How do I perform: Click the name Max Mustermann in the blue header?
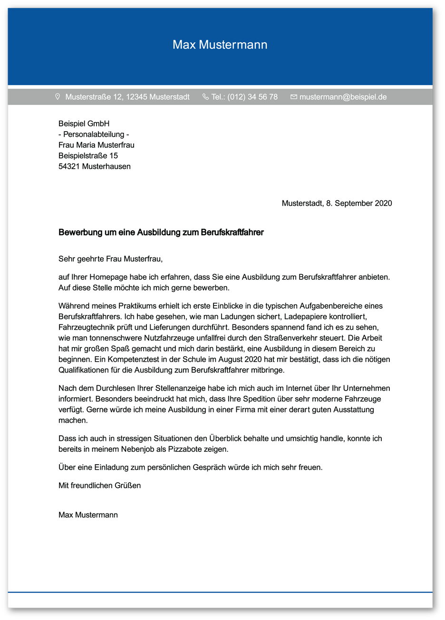pyautogui.click(x=220, y=45)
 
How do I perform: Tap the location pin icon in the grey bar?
pyautogui.click(x=58, y=97)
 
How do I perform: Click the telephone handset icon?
pyautogui.click(x=205, y=97)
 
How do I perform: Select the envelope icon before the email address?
pyautogui.click(x=293, y=97)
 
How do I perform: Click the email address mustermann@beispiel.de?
pyautogui.click(x=343, y=97)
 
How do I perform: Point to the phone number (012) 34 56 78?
pyautogui.click(x=252, y=97)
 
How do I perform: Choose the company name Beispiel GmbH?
pyautogui.click(x=84, y=124)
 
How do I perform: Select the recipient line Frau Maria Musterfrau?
pyautogui.click(x=96, y=145)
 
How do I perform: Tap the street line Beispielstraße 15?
pyautogui.click(x=88, y=156)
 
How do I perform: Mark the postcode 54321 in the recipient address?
pyautogui.click(x=69, y=166)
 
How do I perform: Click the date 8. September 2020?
pyautogui.click(x=359, y=203)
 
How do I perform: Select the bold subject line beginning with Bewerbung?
pyautogui.click(x=161, y=232)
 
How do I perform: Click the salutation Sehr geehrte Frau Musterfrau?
pyautogui.click(x=110, y=259)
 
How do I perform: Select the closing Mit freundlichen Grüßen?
pyautogui.click(x=99, y=486)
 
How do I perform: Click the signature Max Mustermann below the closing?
pyautogui.click(x=88, y=515)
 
